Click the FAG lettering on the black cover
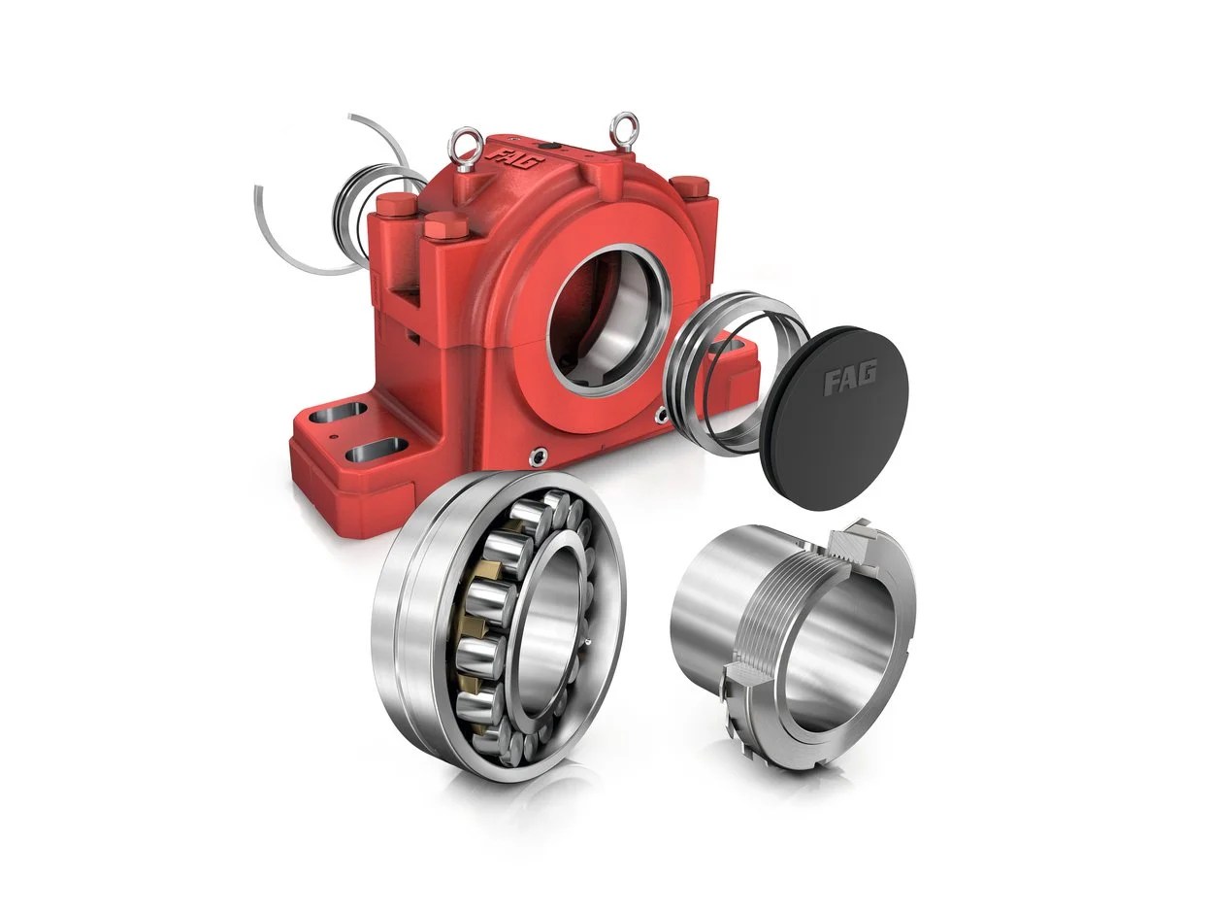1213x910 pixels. (851, 377)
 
